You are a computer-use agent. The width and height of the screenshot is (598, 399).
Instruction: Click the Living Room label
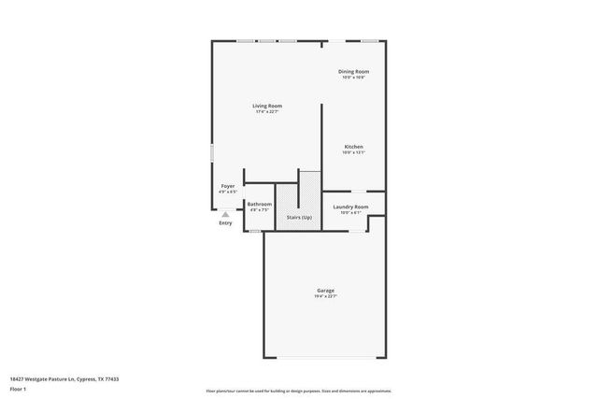[x=266, y=106]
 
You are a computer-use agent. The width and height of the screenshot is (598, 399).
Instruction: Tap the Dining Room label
[x=353, y=71]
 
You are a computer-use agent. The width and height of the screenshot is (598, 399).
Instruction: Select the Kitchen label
[x=353, y=147]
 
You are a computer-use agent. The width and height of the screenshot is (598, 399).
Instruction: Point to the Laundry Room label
[x=351, y=207]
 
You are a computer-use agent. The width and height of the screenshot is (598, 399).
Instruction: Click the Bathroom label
[x=259, y=204]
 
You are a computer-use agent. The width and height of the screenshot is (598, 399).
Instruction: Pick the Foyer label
[x=227, y=186]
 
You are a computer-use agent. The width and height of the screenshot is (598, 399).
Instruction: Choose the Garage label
[x=325, y=291]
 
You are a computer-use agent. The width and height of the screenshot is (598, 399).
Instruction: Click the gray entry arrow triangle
[x=225, y=213]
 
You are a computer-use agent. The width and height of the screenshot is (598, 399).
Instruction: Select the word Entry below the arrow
[x=225, y=222]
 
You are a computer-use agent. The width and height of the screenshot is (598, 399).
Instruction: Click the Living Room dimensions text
[x=266, y=112]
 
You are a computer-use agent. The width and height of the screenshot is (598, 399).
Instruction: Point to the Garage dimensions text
[x=325, y=297]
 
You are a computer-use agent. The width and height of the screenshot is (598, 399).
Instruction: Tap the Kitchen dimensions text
[x=353, y=152]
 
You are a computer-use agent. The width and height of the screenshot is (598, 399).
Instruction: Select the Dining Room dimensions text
[x=353, y=78]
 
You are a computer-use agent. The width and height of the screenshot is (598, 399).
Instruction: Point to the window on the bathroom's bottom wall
[x=254, y=230]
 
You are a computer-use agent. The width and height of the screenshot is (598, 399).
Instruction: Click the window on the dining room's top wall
[x=370, y=40]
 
